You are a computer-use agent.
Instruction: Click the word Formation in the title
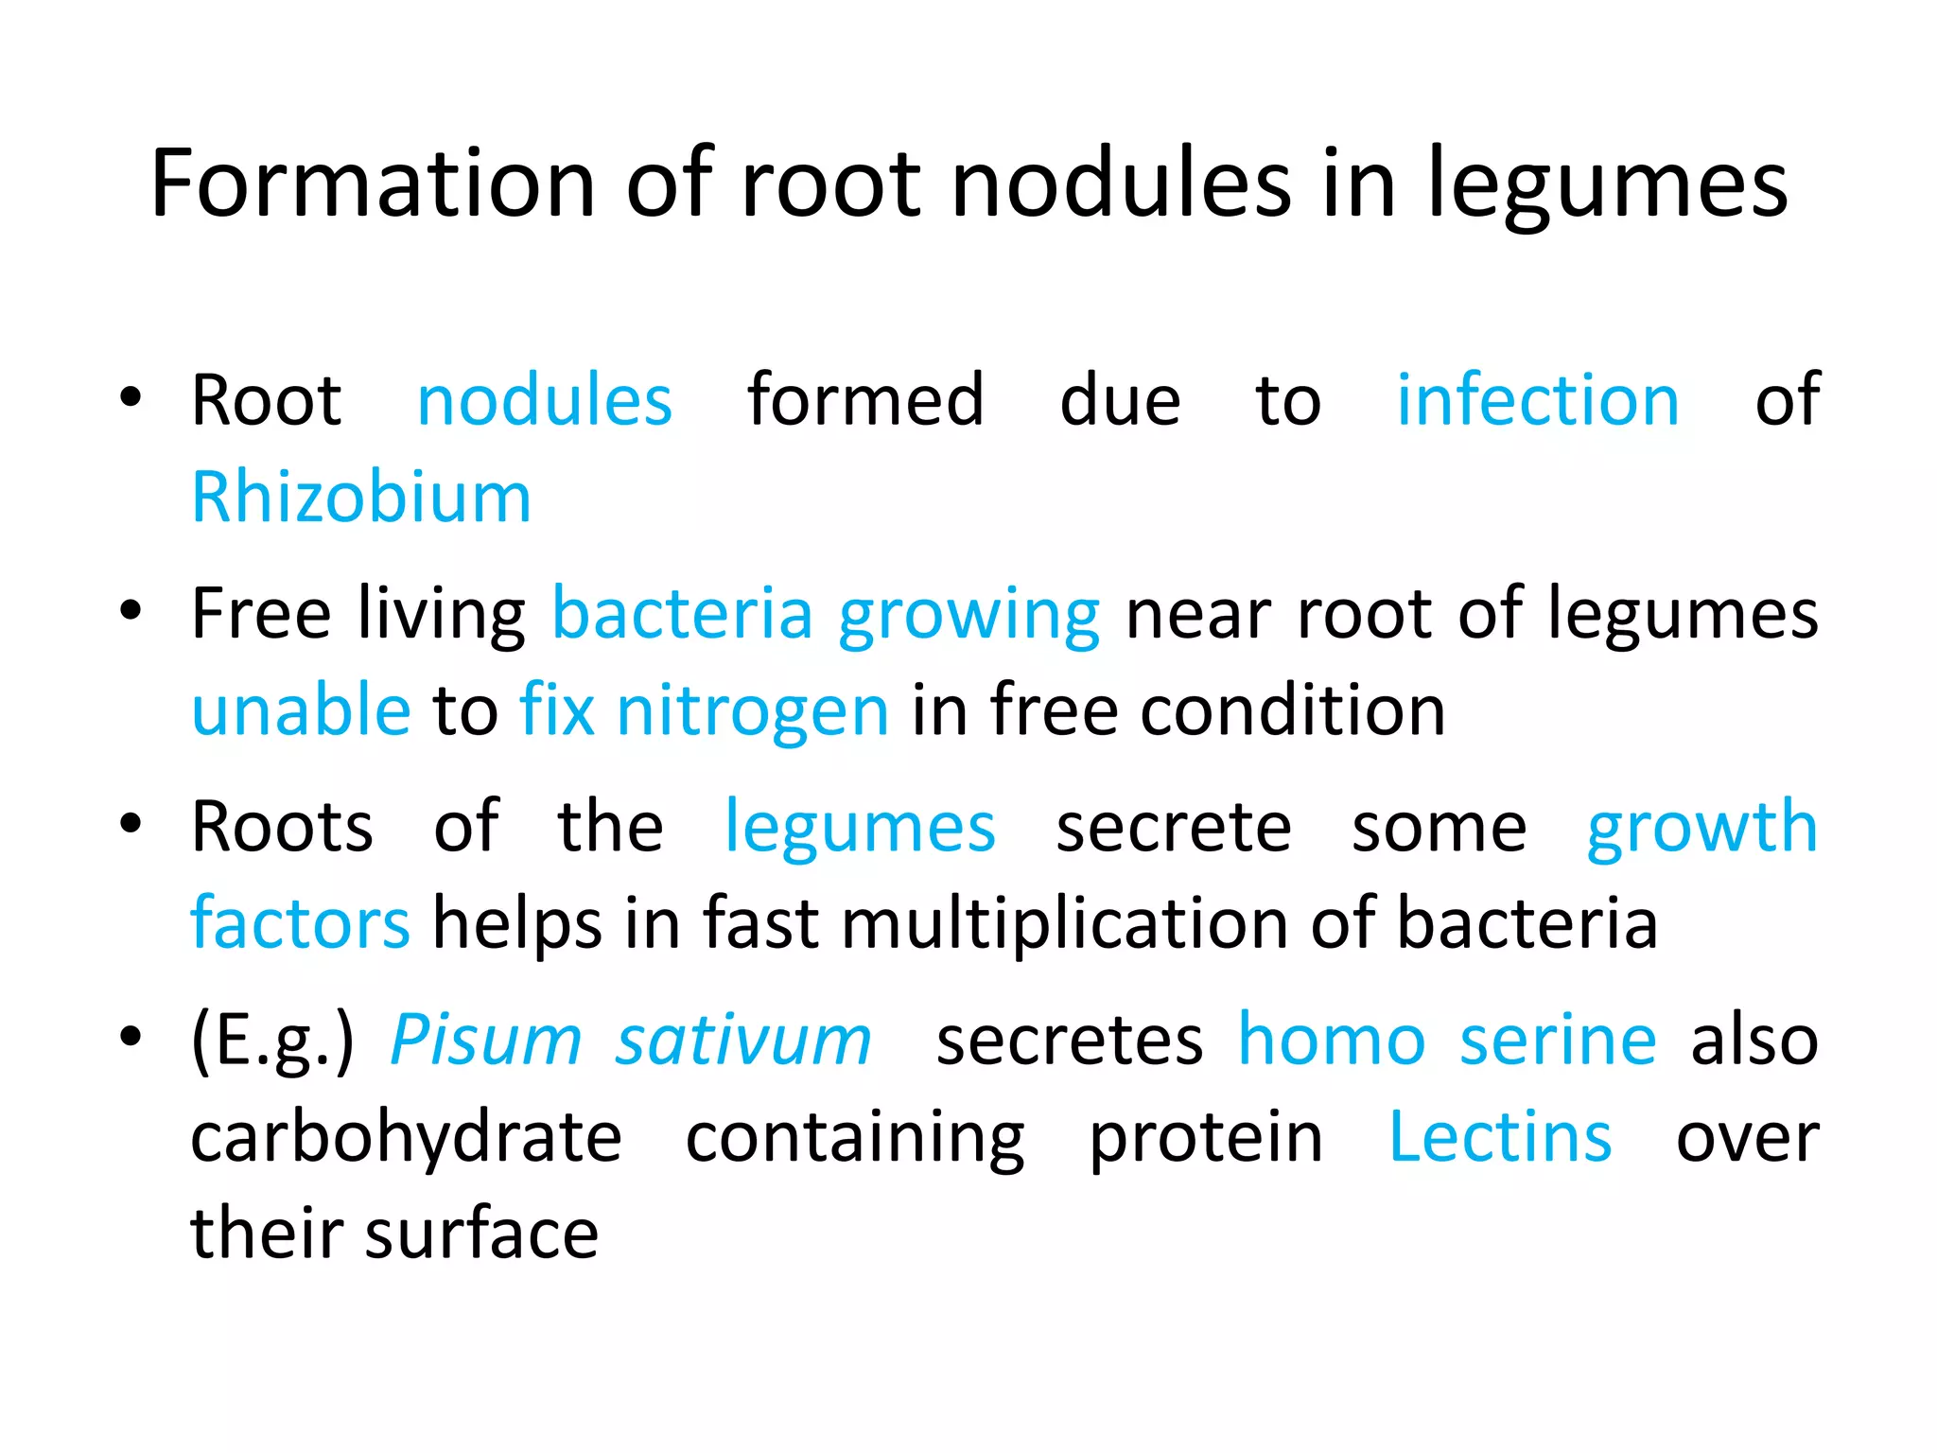373,184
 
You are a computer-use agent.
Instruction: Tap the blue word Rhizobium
361,498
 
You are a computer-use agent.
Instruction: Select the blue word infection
1538,400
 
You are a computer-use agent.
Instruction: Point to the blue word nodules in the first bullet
544,400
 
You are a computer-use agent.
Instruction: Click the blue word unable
301,710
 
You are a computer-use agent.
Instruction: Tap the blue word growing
968,617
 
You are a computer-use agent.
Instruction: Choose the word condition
1293,710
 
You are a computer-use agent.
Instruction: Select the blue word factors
301,923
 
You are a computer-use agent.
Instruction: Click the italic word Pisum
486,1042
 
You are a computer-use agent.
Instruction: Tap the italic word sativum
743,1042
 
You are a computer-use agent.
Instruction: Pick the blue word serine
1558,1042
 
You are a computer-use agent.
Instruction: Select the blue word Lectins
1500,1138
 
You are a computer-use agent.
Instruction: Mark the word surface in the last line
482,1235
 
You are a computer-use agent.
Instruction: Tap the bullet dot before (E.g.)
131,1036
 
